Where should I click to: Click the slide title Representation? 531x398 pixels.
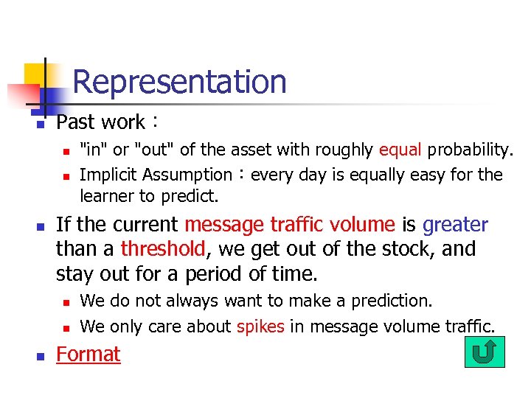[x=179, y=81]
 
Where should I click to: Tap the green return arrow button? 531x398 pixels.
[x=485, y=352]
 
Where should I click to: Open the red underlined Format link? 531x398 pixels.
[x=88, y=355]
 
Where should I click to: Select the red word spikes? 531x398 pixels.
[x=260, y=327]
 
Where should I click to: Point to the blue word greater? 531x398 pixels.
[x=455, y=225]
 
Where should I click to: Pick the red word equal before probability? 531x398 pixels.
[x=400, y=150]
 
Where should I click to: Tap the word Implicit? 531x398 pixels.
[x=108, y=175]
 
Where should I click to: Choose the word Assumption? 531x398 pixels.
[x=189, y=175]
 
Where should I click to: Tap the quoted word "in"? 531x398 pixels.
[x=93, y=150]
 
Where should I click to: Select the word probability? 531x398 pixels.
[x=470, y=150]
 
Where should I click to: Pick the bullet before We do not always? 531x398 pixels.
[x=65, y=302]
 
